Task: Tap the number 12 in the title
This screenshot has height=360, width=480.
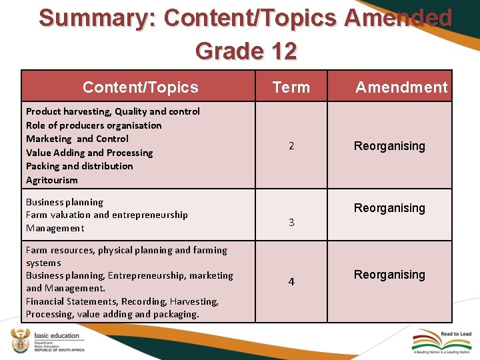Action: pyautogui.click(x=282, y=51)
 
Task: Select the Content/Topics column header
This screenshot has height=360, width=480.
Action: pyautogui.click(x=140, y=87)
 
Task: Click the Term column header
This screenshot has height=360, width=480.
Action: pyautogui.click(x=291, y=87)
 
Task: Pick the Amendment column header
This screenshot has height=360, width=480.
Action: pyautogui.click(x=401, y=87)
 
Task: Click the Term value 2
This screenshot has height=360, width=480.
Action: pyautogui.click(x=291, y=146)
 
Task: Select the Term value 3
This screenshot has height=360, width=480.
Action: pyautogui.click(x=291, y=223)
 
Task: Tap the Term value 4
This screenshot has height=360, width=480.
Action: pyautogui.click(x=291, y=282)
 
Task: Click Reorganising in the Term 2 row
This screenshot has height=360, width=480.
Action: pyautogui.click(x=389, y=146)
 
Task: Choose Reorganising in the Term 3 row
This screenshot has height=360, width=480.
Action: pyautogui.click(x=389, y=208)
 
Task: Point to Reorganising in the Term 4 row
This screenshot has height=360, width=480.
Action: pyautogui.click(x=389, y=275)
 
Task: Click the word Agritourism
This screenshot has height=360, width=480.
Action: pyautogui.click(x=52, y=180)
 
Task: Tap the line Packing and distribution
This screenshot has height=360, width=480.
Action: pyautogui.click(x=79, y=166)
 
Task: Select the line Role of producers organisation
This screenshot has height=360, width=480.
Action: pyautogui.click(x=93, y=125)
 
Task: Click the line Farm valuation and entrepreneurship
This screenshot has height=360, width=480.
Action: pyautogui.click(x=107, y=215)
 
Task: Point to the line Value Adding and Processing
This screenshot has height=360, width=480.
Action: pyautogui.click(x=89, y=153)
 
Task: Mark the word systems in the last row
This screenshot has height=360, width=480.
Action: pyautogui.click(x=43, y=263)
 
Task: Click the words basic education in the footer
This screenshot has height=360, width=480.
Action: pyautogui.click(x=57, y=335)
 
